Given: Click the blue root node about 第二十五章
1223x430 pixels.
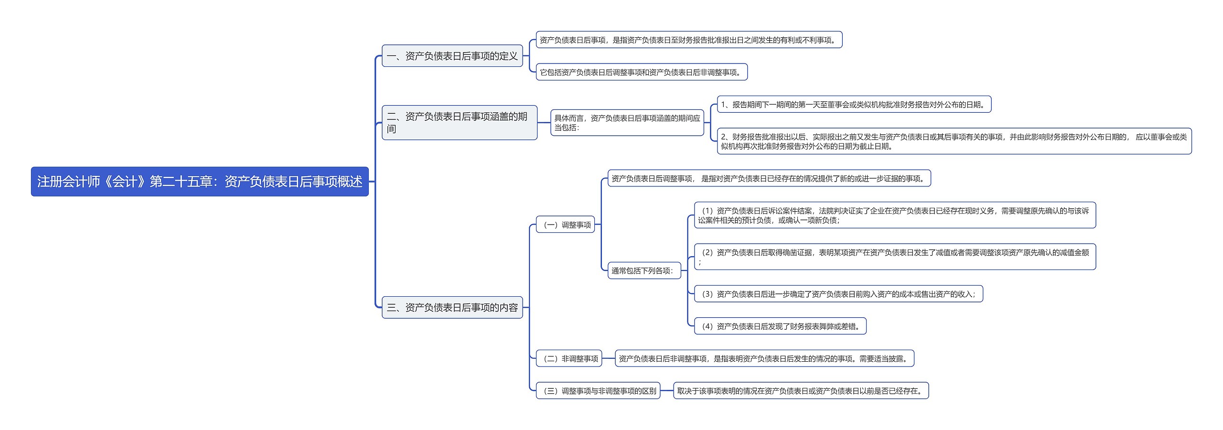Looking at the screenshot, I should click(x=200, y=182).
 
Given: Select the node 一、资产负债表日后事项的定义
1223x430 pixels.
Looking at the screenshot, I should click(x=452, y=56).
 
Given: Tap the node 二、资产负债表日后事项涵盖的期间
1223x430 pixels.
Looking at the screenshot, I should click(x=459, y=123).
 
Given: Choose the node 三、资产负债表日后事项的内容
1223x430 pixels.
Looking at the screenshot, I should click(x=452, y=307).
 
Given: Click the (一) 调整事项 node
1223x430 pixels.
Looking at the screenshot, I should click(x=566, y=225).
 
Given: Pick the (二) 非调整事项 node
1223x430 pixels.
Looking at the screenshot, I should click(x=569, y=358).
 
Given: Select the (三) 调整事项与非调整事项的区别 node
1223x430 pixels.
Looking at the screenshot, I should click(x=598, y=391).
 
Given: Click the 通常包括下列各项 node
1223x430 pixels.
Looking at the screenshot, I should click(x=644, y=270).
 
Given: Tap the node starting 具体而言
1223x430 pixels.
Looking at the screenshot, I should click(x=627, y=123).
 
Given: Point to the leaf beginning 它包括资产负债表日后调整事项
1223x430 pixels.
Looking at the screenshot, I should click(x=641, y=72).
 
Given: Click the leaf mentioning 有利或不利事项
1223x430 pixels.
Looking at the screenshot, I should click(x=688, y=40).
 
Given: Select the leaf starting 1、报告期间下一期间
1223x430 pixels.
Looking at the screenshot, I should click(x=854, y=105).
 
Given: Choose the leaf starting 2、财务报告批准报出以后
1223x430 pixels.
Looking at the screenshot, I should click(x=954, y=141).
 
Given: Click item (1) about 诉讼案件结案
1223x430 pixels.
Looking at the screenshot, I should click(x=894, y=215).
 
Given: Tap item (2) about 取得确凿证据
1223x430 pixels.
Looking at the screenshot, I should click(x=894, y=257).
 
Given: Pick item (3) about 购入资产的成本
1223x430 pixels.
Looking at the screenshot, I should click(x=838, y=294).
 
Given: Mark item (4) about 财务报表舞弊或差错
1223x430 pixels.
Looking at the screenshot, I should click(x=780, y=326).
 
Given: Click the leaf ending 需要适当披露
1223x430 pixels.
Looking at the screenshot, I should click(x=764, y=358).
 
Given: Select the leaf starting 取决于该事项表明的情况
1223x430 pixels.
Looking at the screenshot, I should click(x=801, y=391).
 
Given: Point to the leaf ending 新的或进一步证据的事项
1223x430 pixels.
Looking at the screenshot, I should click(x=769, y=179).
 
